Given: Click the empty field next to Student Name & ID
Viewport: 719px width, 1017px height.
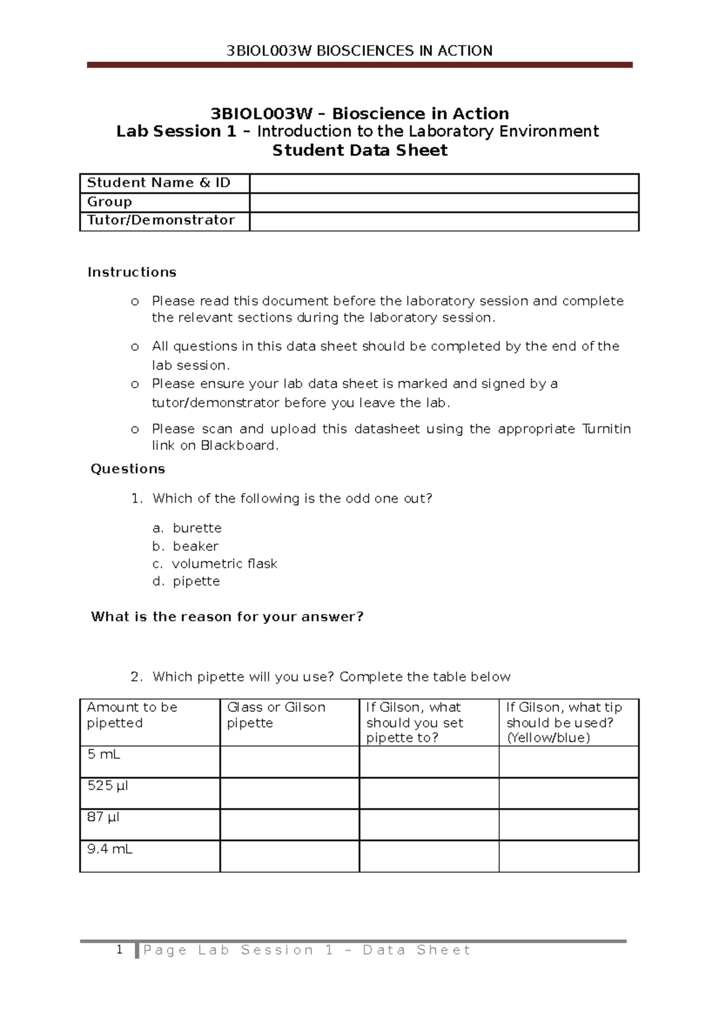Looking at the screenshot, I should (443, 183).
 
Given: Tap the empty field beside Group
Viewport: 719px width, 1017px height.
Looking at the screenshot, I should (443, 202).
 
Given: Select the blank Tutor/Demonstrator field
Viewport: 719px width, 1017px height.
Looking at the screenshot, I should (443, 221).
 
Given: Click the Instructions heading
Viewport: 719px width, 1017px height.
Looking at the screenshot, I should (132, 273).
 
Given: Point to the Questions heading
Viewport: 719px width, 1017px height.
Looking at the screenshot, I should (128, 469).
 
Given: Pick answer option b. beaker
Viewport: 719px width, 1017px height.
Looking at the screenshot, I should (186, 546).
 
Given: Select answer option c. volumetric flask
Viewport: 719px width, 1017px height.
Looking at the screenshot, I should (215, 564).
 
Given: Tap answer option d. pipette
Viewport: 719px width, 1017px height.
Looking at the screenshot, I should (186, 582).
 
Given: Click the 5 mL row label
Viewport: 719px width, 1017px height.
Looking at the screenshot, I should (104, 755).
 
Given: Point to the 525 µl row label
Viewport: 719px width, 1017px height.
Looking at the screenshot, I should (108, 786).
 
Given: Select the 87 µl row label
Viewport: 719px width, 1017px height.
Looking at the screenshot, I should (103, 817).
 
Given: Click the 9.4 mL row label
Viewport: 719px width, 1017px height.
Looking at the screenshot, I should (110, 849).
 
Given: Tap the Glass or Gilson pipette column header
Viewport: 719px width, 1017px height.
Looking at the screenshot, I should (276, 715).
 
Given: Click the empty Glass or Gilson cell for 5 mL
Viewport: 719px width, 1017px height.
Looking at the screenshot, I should (289, 762).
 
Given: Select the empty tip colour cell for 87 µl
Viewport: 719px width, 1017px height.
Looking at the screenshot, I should (569, 825).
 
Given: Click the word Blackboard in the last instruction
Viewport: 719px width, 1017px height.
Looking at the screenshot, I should (238, 446).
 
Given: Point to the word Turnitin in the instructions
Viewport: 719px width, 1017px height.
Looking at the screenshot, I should (606, 429).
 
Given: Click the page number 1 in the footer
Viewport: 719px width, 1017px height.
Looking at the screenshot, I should (120, 949).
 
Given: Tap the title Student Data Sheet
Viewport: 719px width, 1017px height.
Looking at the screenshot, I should (359, 150).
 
